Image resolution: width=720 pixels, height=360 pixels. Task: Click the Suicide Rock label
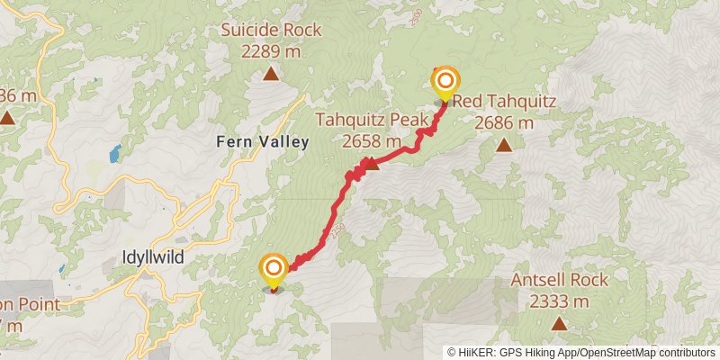[271, 31]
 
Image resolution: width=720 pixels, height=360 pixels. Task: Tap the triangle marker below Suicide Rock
[271, 74]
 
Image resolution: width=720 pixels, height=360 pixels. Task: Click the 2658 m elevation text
[371, 140]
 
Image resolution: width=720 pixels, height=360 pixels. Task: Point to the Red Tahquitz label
[505, 101]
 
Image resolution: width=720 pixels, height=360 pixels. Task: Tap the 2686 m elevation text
[505, 122]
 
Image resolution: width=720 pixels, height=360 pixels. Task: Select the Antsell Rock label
[559, 280]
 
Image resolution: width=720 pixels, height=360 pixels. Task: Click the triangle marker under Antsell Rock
[559, 323]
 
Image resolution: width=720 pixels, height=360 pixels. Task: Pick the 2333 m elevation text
[559, 301]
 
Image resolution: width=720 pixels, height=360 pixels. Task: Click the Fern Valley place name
[262, 141]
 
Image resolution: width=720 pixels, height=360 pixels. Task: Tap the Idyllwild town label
[153, 257]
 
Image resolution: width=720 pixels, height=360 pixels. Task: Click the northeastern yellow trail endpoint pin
[445, 83]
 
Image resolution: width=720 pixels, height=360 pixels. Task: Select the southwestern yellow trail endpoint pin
[273, 268]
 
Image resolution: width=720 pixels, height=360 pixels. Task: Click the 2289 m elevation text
[271, 51]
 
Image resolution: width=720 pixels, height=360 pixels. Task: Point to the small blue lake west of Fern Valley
[115, 154]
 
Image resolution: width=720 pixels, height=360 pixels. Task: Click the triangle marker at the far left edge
[7, 118]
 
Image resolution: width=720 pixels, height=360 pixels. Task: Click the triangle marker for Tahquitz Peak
[370, 163]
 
